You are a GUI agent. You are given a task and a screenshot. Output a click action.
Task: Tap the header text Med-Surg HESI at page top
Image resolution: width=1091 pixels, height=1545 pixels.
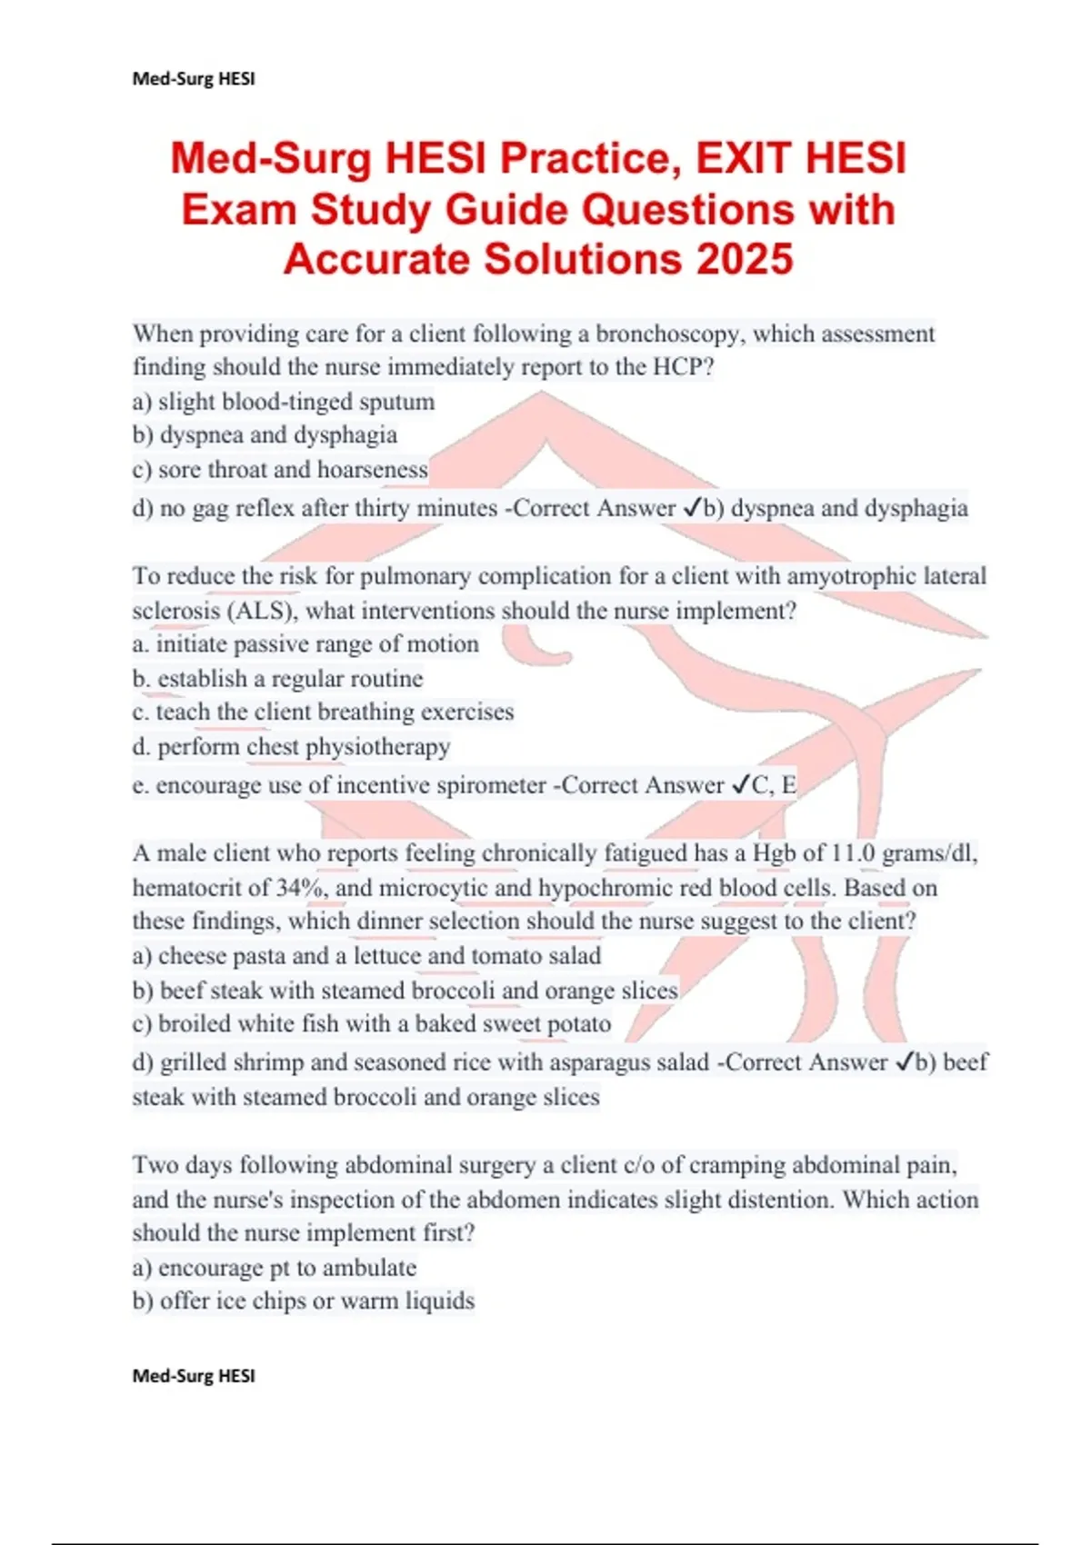pos(194,79)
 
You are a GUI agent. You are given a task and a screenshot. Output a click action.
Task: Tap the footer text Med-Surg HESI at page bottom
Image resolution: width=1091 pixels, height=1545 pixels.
pos(194,1375)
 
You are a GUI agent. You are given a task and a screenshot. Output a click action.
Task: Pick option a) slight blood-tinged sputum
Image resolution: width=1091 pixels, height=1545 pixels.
pos(284,401)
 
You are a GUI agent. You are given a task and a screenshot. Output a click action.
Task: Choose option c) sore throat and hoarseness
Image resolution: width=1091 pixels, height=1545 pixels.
pos(280,469)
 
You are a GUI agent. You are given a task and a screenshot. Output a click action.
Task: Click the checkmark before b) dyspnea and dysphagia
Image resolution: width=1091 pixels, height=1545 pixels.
pos(691,508)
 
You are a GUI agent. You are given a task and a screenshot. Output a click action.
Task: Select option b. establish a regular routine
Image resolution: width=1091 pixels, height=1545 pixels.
pos(277,679)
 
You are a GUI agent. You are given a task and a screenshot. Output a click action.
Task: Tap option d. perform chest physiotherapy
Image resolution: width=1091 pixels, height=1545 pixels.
pos(291,747)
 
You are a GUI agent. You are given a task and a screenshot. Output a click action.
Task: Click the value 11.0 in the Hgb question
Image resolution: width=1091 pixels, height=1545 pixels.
pos(854,853)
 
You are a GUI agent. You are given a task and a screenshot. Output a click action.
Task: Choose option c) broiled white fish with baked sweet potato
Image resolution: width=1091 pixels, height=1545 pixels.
pos(372,1024)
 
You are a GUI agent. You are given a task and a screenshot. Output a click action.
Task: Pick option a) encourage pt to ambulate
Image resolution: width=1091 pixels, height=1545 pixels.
pos(275,1268)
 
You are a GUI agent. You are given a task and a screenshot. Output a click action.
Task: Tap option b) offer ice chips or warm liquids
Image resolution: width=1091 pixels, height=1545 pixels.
pos(304,1301)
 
